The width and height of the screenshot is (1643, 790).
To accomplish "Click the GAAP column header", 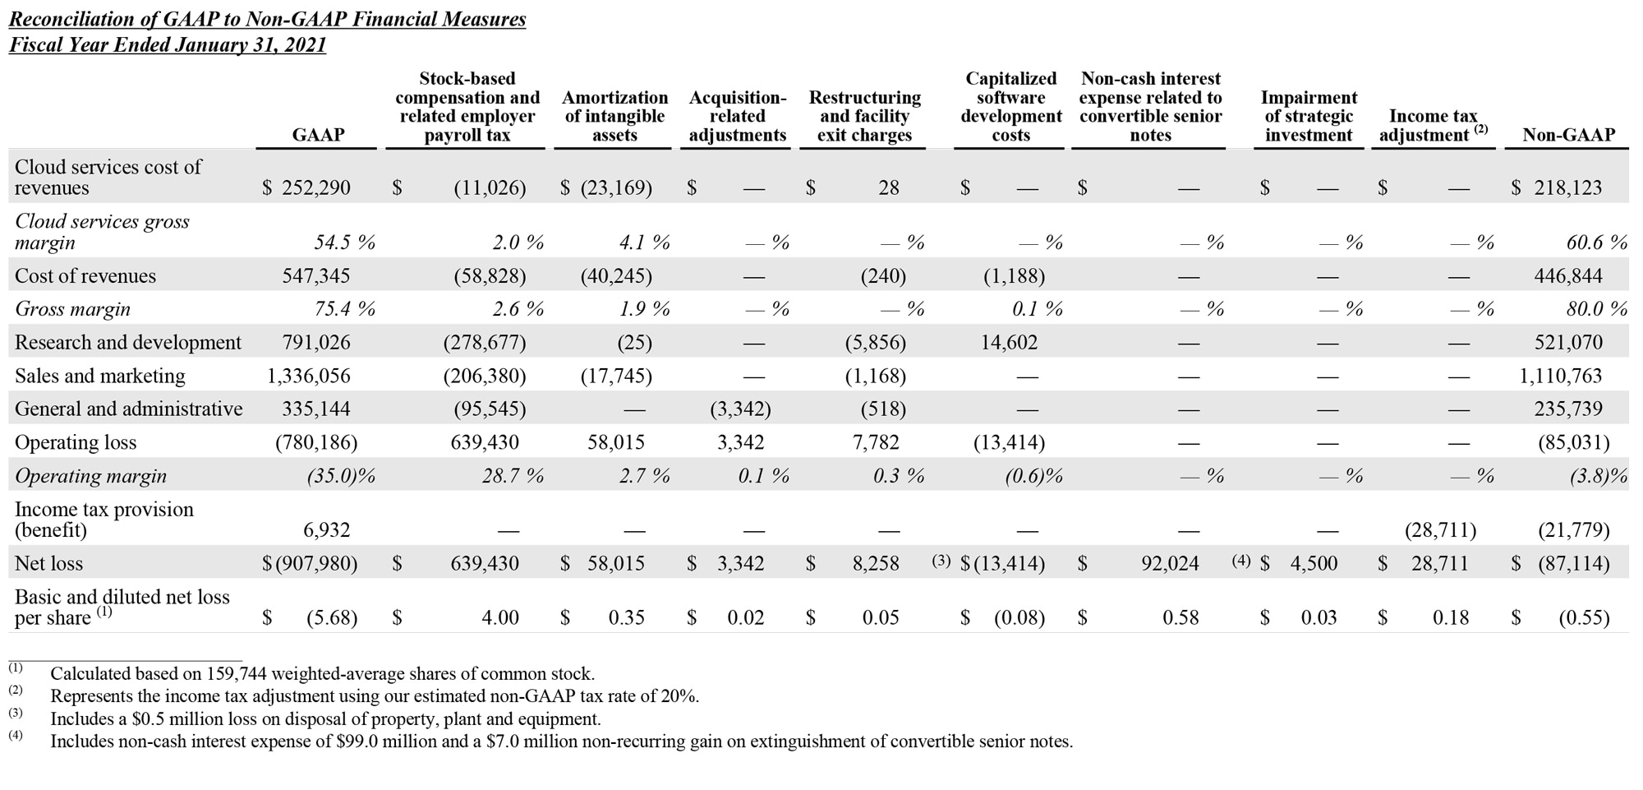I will [x=318, y=135].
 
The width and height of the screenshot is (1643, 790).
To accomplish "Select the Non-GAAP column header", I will [x=1568, y=135].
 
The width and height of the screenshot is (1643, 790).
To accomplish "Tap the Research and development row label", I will [x=128, y=342].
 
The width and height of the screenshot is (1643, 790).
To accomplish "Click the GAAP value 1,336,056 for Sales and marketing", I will [x=309, y=376].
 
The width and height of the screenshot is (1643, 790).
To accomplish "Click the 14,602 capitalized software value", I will [x=1009, y=342].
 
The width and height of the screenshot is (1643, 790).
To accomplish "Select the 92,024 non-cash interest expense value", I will [x=1170, y=563].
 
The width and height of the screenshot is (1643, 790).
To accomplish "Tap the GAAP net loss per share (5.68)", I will [x=332, y=617].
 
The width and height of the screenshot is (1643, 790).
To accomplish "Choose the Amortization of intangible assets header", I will [x=614, y=116].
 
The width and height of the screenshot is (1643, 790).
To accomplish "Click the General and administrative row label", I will [x=129, y=409].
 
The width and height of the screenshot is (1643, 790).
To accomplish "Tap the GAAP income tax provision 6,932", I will [x=327, y=530].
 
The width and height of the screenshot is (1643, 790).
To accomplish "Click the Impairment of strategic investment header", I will [x=1309, y=116].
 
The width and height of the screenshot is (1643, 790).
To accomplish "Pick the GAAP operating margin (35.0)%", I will [x=340, y=476].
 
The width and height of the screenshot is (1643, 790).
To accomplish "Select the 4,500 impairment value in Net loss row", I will [x=1314, y=563].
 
